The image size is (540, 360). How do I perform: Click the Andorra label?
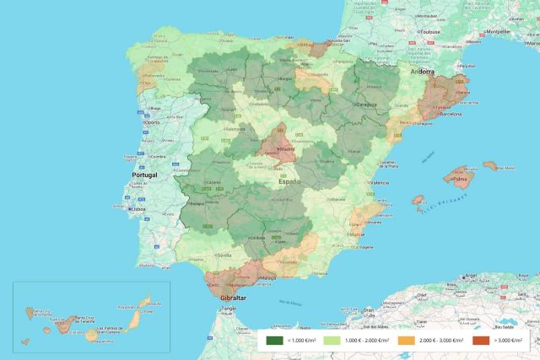[x=421, y=73]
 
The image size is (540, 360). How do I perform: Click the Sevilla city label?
[x=224, y=253]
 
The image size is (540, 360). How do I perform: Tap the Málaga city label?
[x=268, y=277]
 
